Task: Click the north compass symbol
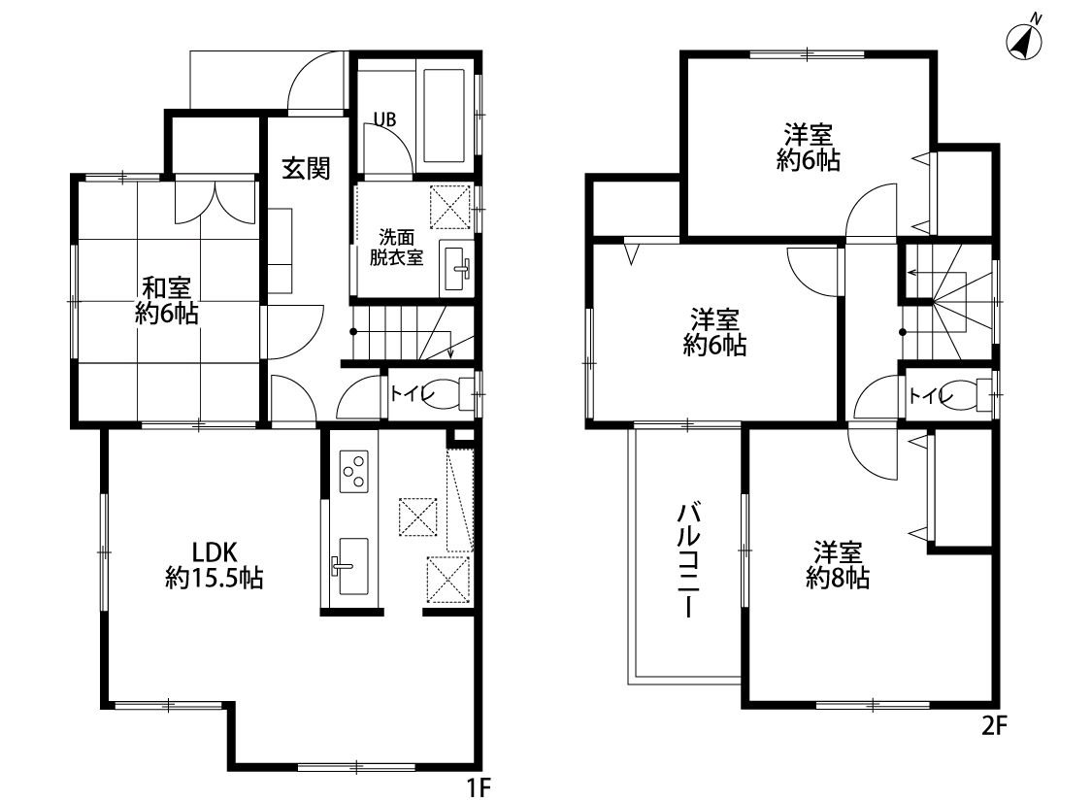coord(1024,41)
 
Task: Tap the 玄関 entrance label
coord(306,168)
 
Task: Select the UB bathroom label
coord(384,119)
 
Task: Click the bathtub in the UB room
coord(443,116)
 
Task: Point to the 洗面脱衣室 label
coord(396,248)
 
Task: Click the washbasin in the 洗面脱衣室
coord(456,267)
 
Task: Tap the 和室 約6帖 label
coord(166,300)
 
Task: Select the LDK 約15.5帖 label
coord(215,565)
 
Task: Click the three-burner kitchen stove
coord(353,472)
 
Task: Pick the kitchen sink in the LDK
coord(352,566)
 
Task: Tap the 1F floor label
coord(480,787)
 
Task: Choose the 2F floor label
coord(995,726)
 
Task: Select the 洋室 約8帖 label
coord(838,565)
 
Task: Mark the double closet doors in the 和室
coord(215,202)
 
